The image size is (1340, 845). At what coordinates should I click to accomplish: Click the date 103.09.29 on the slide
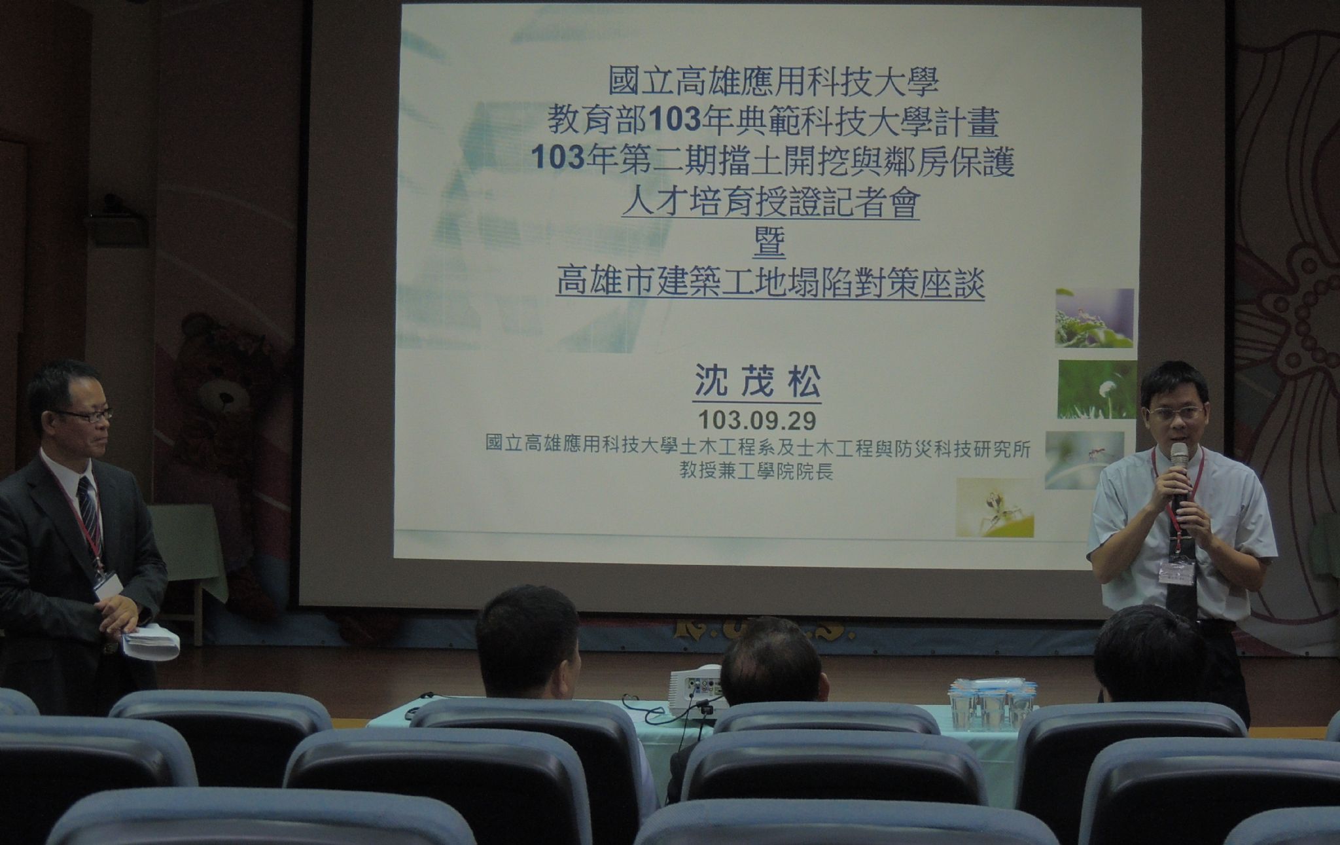[757, 418]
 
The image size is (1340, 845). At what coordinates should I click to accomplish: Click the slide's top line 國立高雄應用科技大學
[773, 83]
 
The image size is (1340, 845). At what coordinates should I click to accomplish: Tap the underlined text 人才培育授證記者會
[771, 204]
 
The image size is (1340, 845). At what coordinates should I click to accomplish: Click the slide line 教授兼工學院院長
[756, 472]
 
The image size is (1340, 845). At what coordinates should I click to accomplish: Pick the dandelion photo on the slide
[1097, 389]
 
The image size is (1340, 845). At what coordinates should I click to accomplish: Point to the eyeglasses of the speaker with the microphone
[1176, 414]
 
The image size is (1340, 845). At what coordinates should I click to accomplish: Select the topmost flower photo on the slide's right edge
[1094, 317]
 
